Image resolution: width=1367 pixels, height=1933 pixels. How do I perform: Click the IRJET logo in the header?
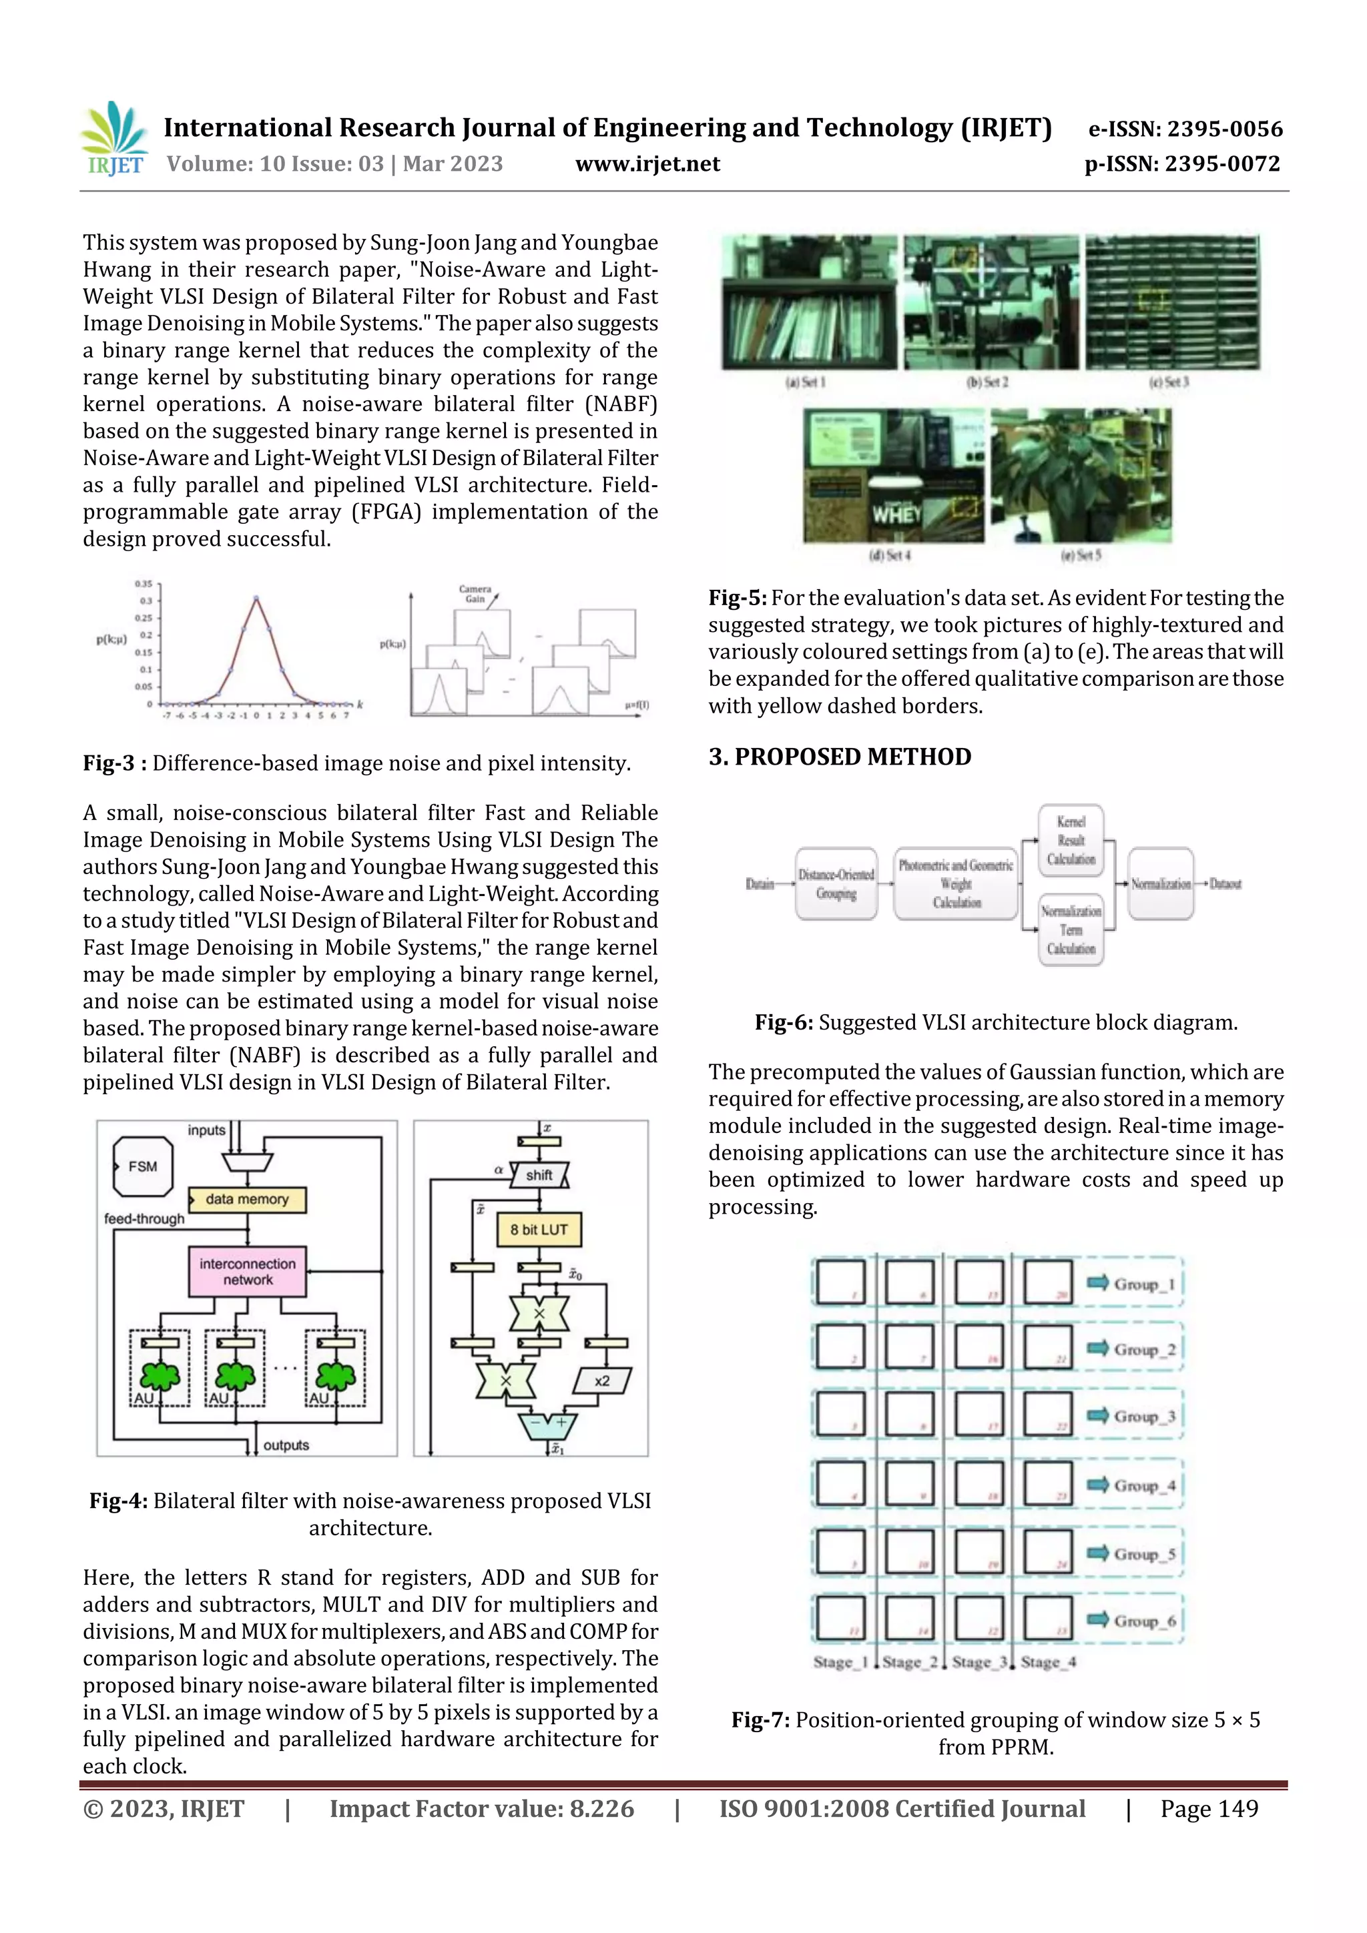115,139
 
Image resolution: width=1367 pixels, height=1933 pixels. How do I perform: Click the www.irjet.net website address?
647,164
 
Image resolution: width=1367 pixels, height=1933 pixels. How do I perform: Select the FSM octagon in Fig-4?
142,1166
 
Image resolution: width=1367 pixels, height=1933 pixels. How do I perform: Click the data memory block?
247,1199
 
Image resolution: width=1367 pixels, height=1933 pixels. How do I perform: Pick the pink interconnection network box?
248,1271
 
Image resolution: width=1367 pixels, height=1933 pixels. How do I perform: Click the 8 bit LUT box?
539,1229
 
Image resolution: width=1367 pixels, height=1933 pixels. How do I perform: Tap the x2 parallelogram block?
601,1381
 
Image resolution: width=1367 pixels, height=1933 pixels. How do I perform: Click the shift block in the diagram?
539,1174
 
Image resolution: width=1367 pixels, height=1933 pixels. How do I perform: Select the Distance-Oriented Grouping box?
836,884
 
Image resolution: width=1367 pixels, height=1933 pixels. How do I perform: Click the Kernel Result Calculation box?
1071,840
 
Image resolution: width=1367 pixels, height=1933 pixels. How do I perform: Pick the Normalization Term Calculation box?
1071,929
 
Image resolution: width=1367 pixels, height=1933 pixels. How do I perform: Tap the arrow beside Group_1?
1097,1282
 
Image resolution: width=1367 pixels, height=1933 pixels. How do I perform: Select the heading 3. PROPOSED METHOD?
839,756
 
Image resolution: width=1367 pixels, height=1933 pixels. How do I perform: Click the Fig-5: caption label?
737,598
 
